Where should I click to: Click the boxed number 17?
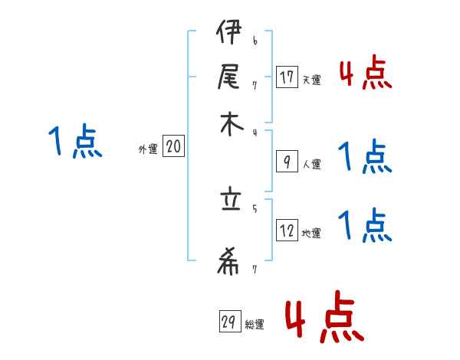287,77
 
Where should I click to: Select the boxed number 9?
287,162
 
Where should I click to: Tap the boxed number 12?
287,231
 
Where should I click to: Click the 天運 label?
311,80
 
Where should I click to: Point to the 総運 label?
255,325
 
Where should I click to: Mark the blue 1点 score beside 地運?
365,225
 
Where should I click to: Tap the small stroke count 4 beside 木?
255,132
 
